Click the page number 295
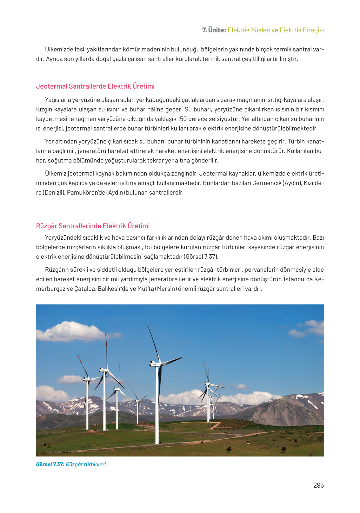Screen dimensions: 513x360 click(318, 485)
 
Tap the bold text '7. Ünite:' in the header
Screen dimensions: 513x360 click(214, 30)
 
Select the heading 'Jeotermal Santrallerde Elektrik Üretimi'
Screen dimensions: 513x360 click(95, 86)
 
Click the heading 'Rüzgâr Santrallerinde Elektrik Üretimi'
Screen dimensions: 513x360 click(93, 226)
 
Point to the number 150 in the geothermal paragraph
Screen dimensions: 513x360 click(182, 119)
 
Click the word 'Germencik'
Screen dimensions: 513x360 click(267, 183)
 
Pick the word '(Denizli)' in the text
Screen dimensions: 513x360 click(53, 193)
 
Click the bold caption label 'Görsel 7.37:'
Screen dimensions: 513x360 click(50, 464)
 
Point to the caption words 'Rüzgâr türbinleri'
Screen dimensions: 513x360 click(86, 464)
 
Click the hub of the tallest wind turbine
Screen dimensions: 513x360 click(156, 363)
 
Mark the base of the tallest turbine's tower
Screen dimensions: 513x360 click(157, 443)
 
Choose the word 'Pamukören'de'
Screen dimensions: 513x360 click(86, 193)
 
